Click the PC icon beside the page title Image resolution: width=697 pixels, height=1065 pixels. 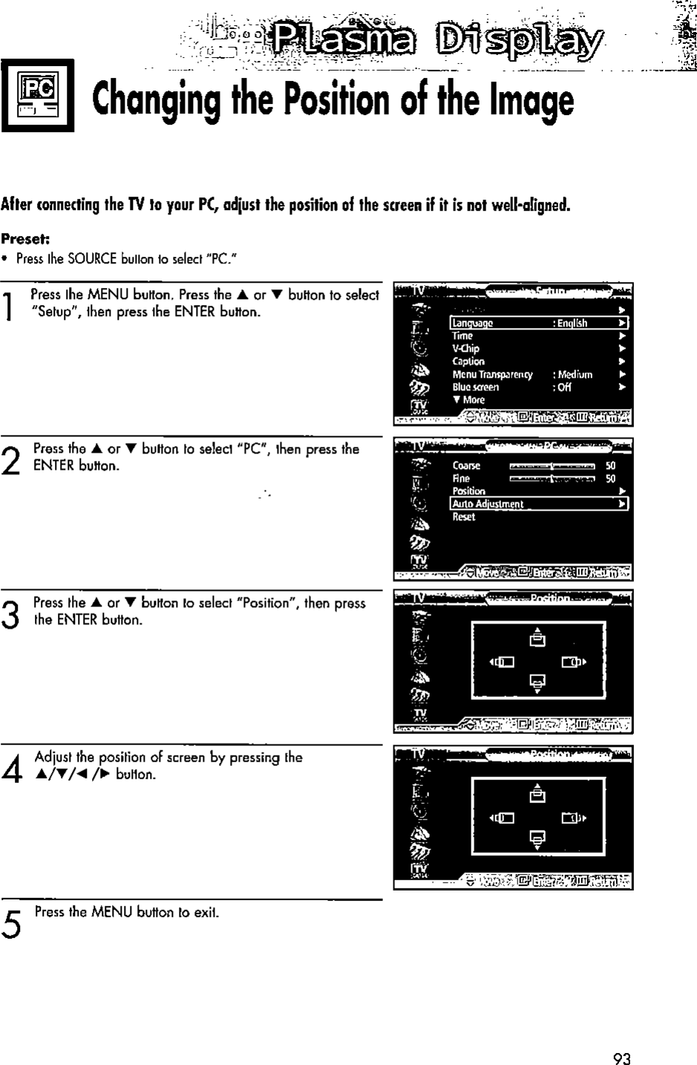(x=39, y=95)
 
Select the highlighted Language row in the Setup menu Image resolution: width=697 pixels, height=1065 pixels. (x=540, y=323)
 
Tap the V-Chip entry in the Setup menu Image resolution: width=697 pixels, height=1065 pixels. (x=466, y=348)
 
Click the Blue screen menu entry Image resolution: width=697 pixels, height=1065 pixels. (x=476, y=387)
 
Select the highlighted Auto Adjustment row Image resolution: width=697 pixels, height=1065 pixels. (x=540, y=504)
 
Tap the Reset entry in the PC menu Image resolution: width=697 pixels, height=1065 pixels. (x=464, y=517)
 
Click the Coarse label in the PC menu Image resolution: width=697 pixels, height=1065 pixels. (x=466, y=466)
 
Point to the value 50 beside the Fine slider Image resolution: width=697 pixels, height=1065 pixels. (x=611, y=479)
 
